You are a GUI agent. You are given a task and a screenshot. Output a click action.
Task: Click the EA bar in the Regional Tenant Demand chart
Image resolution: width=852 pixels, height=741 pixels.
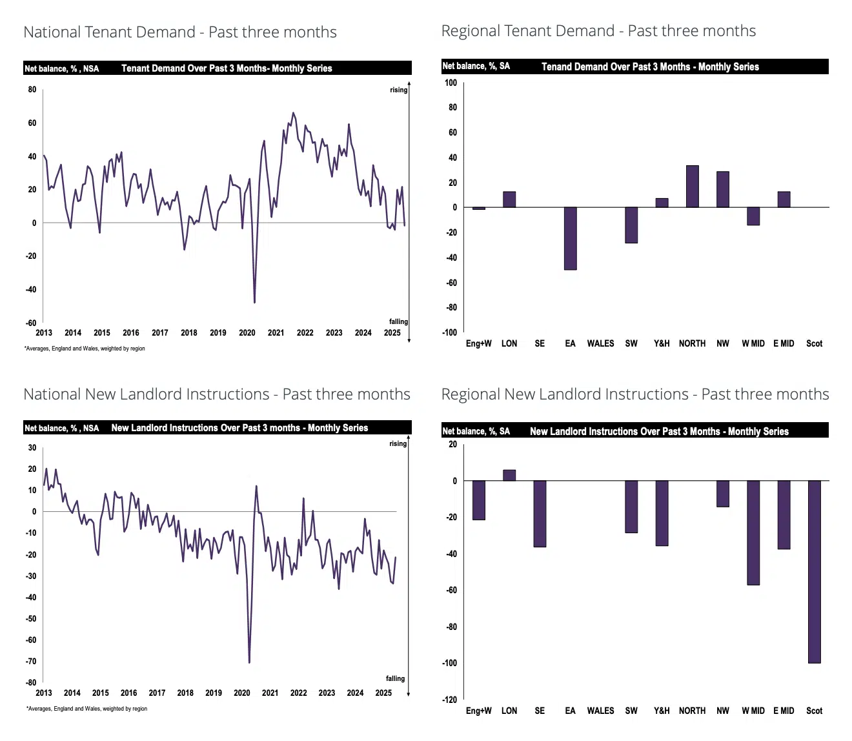tap(570, 238)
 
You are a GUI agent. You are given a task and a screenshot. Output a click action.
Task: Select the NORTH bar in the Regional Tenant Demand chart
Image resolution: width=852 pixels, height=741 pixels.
tap(692, 187)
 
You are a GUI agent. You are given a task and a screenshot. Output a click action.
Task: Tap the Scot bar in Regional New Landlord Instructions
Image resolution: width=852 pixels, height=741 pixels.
tap(814, 571)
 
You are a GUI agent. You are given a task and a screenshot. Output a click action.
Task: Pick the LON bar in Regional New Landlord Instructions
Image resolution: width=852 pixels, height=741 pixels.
tap(509, 475)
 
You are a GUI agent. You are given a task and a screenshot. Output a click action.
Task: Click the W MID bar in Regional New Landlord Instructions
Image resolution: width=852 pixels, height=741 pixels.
tap(753, 533)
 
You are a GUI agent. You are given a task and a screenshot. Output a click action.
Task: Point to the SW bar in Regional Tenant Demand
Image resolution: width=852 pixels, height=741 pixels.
tap(631, 225)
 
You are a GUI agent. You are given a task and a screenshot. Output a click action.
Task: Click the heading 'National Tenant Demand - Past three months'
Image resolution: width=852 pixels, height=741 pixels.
tap(180, 32)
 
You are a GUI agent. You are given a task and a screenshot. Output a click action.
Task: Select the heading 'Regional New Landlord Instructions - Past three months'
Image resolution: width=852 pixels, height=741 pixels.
tap(635, 394)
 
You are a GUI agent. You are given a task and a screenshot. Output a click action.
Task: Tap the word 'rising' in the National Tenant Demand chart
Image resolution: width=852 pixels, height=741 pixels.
tap(398, 90)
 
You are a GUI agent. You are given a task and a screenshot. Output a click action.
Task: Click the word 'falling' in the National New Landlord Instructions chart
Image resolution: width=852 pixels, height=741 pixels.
tap(395, 678)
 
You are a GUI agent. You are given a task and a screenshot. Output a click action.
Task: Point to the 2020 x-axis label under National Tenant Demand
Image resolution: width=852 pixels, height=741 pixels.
tap(247, 333)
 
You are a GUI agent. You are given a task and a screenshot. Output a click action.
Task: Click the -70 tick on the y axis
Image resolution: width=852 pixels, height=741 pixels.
tap(30, 661)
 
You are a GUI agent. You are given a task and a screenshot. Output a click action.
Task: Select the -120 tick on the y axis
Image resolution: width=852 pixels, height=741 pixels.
tap(449, 700)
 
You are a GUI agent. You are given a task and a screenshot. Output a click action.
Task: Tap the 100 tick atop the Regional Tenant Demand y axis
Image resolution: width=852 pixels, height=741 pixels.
tap(451, 83)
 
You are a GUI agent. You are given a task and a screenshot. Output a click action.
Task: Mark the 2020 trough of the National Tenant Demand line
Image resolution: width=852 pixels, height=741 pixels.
tap(254, 302)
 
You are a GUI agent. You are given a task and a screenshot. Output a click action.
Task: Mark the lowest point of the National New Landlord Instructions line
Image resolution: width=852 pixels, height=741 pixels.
tap(249, 662)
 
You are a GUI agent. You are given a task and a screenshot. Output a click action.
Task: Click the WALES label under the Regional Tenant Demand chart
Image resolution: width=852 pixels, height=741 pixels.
tap(600, 343)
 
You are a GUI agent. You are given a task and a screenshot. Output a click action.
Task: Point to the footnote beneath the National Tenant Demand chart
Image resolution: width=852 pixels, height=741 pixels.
tap(85, 349)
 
